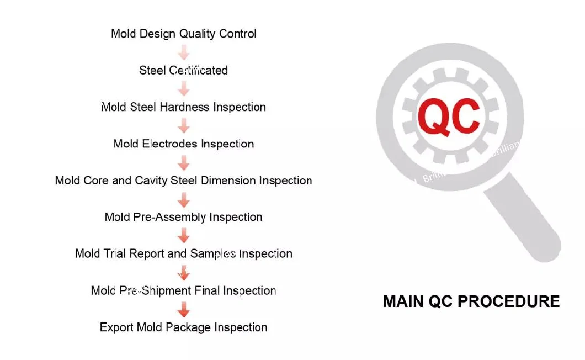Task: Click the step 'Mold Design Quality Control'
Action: (x=184, y=34)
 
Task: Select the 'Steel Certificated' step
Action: (x=184, y=70)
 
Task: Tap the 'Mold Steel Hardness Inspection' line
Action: (x=184, y=107)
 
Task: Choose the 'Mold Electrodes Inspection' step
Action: (x=184, y=144)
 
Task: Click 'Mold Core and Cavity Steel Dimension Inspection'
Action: (x=184, y=181)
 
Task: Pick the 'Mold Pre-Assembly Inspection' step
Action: (x=184, y=217)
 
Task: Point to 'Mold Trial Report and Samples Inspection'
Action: (x=184, y=254)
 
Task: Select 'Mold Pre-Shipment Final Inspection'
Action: (x=184, y=290)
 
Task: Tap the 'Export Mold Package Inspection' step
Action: (x=184, y=327)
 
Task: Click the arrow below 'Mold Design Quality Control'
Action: (x=184, y=52)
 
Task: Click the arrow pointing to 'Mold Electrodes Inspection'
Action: (x=184, y=126)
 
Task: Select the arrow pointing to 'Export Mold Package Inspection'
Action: (x=184, y=310)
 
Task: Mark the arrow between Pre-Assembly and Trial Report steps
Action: (x=184, y=236)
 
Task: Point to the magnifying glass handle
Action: (x=522, y=216)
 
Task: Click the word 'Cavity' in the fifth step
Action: (x=151, y=181)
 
